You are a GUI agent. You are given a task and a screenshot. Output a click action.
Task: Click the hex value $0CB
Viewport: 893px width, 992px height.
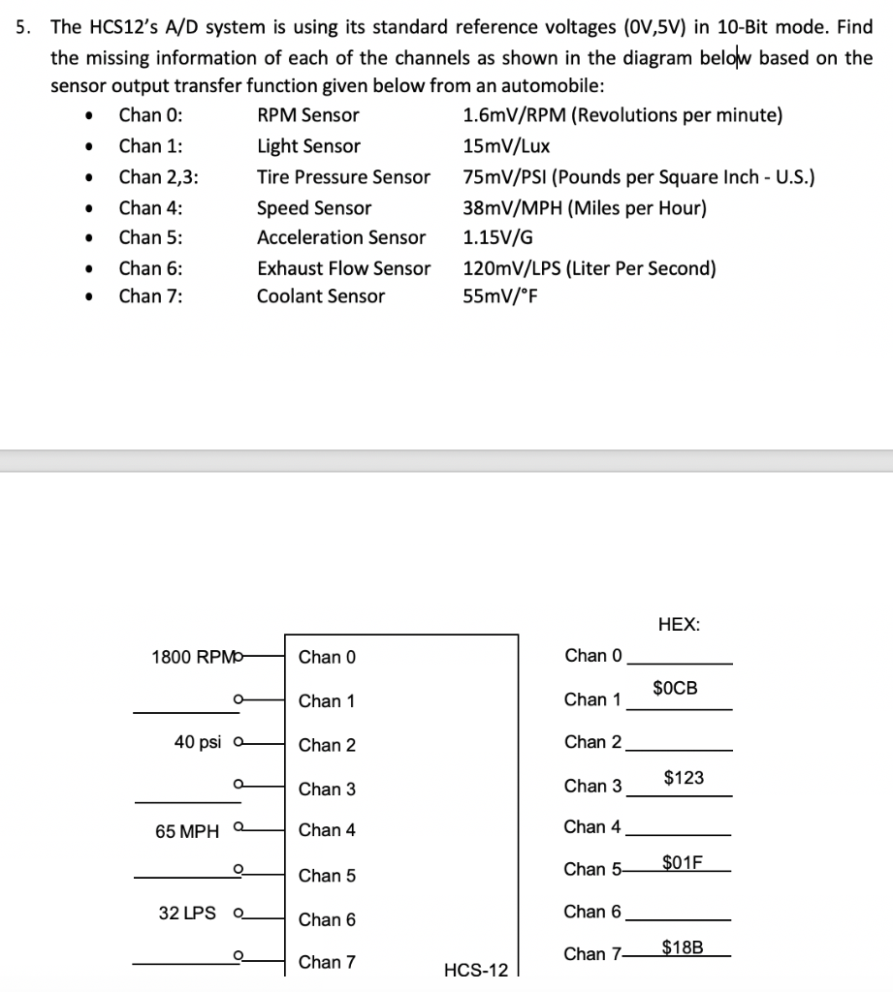tap(674, 689)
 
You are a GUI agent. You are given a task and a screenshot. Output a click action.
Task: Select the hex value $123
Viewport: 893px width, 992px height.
tap(684, 777)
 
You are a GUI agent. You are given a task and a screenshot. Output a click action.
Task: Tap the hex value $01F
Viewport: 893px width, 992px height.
tap(684, 861)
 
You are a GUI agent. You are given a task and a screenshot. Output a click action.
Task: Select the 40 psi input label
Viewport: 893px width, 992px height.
tap(198, 742)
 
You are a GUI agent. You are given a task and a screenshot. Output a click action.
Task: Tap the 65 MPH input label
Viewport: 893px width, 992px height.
tap(187, 831)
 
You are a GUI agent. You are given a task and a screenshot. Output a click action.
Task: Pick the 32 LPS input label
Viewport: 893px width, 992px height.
tap(189, 912)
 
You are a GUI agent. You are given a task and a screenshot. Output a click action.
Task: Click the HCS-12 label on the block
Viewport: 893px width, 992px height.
tap(475, 970)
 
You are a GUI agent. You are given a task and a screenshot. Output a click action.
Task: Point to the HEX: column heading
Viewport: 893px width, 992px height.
tap(678, 625)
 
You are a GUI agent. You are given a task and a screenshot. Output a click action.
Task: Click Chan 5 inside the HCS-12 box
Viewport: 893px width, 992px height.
tap(327, 876)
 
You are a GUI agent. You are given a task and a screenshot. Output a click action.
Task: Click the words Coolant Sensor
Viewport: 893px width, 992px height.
tap(320, 296)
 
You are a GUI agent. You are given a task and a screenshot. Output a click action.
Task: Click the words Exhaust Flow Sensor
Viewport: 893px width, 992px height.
tap(343, 267)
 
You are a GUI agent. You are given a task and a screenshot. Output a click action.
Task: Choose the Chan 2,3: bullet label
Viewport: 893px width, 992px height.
tap(160, 176)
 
